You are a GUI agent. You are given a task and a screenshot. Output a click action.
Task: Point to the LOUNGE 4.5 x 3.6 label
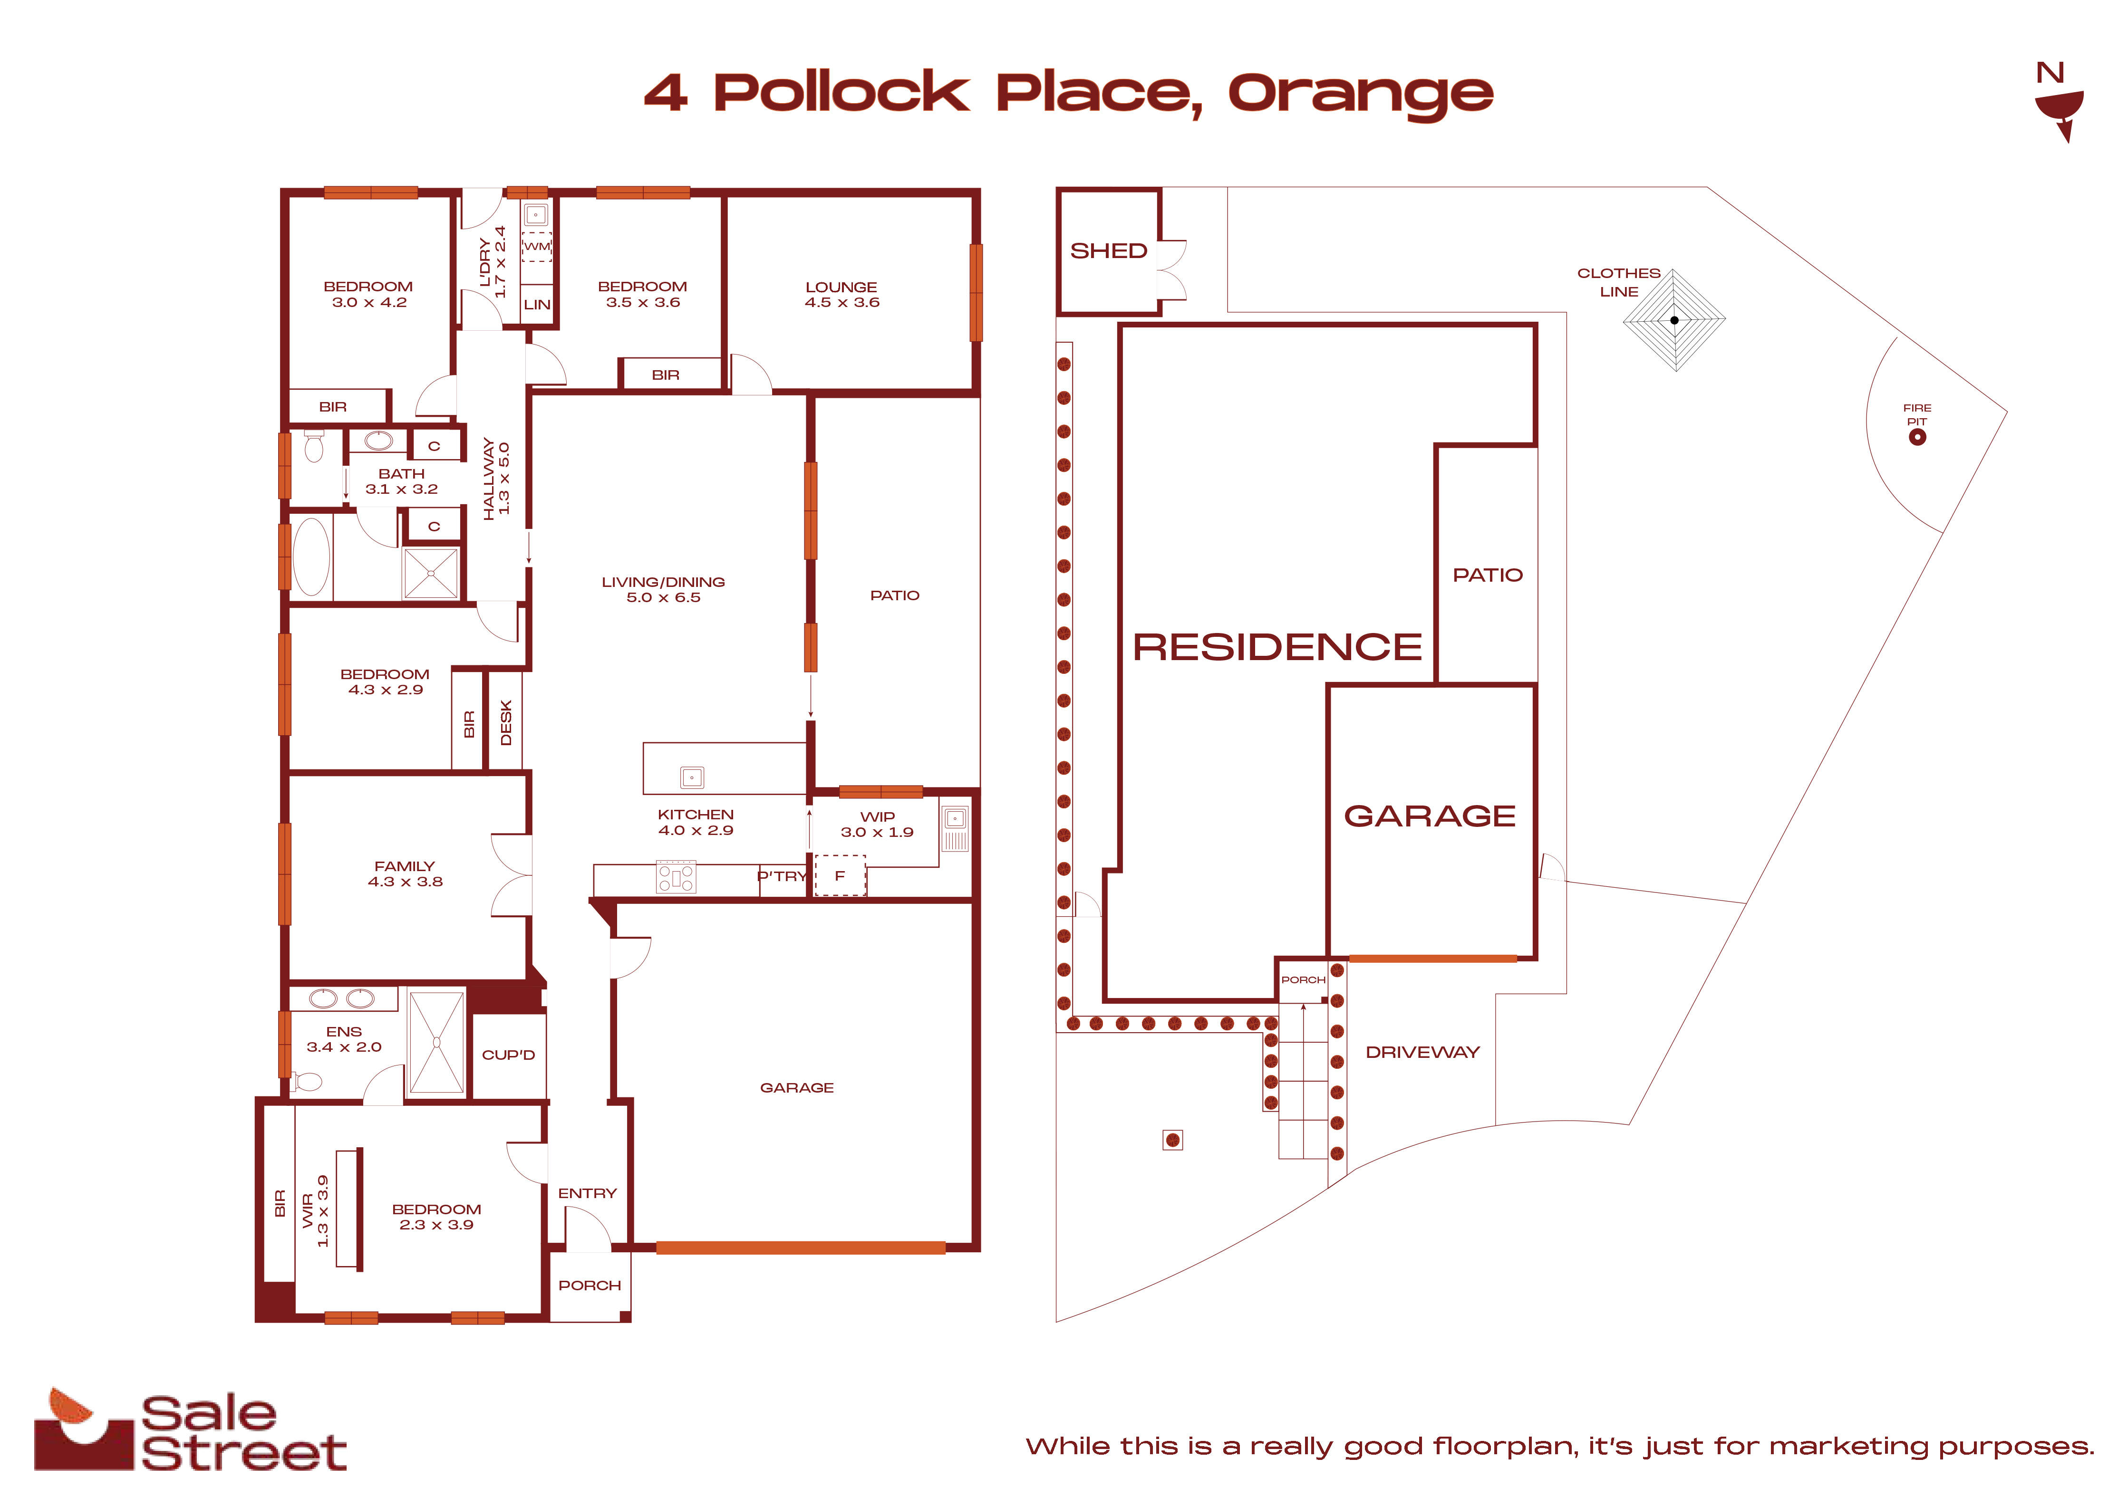pyautogui.click(x=841, y=294)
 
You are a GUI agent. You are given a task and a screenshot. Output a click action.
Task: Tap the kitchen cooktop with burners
pyautogui.click(x=676, y=876)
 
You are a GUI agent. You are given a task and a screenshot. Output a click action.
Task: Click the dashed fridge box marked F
pyautogui.click(x=840, y=875)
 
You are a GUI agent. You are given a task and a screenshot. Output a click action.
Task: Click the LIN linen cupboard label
pyautogui.click(x=537, y=304)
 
